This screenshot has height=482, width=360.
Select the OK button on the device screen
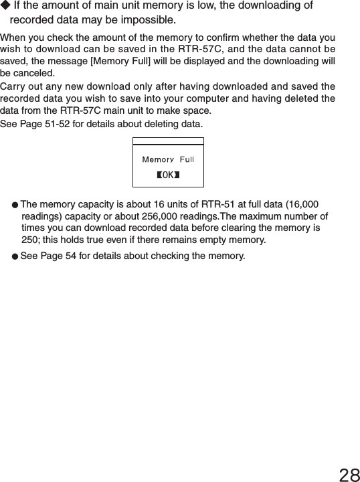(168, 175)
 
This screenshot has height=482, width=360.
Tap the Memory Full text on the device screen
(168, 159)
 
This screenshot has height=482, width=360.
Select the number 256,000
(194, 216)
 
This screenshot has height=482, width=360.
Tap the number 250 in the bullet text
(29, 240)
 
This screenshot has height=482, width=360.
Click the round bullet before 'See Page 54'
(15, 256)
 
